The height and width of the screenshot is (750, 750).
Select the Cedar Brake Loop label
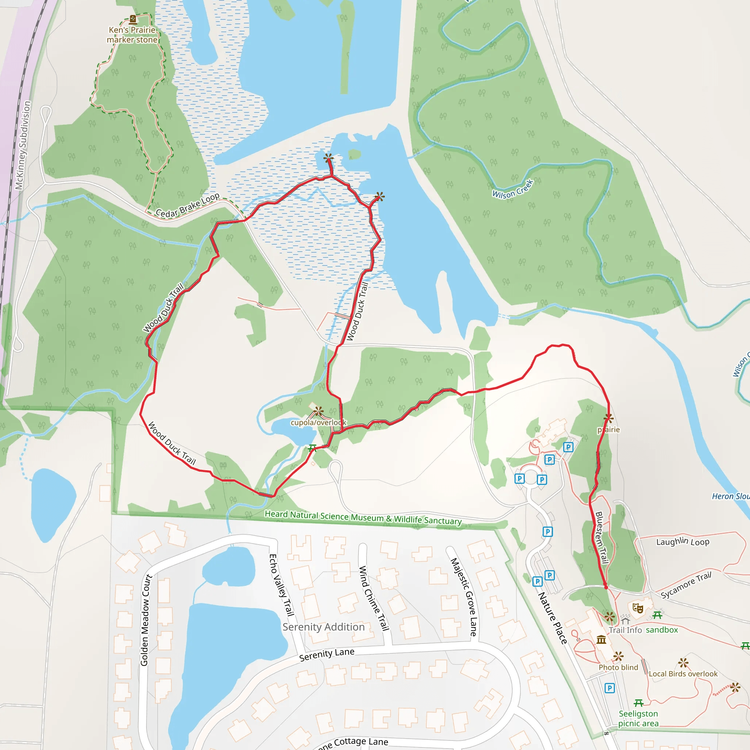(x=187, y=205)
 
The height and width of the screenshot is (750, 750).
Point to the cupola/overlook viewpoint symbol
(x=319, y=411)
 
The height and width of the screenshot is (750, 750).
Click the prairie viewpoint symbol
(x=608, y=419)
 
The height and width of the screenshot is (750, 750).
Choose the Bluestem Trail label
(x=601, y=537)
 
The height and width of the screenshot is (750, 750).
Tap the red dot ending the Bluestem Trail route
(x=606, y=587)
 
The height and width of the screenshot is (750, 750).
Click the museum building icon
(x=601, y=639)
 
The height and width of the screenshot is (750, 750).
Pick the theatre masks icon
(x=638, y=608)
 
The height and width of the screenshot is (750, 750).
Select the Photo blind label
(x=618, y=667)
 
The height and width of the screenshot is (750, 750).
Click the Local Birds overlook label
(x=683, y=674)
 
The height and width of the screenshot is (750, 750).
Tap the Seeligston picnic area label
(x=638, y=718)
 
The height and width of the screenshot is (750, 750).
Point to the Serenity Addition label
(x=323, y=627)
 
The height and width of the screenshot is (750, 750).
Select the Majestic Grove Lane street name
(x=464, y=597)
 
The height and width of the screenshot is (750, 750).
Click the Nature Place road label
(x=552, y=618)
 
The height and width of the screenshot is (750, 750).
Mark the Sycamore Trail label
(x=686, y=585)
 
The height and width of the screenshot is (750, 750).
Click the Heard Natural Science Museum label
(x=363, y=517)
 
